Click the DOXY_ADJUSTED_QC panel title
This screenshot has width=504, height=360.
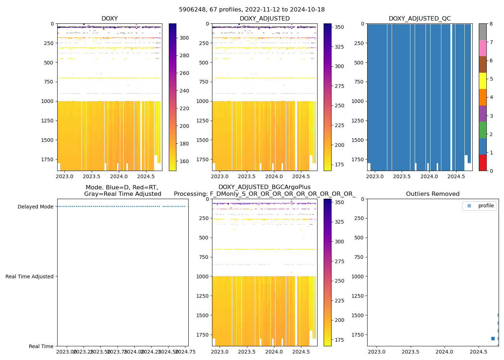pos(419,19)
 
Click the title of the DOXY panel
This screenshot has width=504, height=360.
pos(109,19)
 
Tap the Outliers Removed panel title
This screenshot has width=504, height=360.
pos(433,194)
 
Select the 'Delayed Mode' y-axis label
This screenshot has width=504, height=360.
pos(35,207)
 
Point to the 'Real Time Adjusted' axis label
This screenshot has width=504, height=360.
pos(30,276)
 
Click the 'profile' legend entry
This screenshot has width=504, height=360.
pos(486,206)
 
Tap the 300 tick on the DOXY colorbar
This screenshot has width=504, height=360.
pos(184,38)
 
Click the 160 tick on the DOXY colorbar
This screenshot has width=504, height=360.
pos(184,161)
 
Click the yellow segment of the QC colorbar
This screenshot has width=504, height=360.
pos(483,81)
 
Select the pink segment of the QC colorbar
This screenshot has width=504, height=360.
pos(483,48)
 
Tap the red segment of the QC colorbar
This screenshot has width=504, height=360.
pos(483,162)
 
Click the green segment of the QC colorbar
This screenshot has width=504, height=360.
pos(483,130)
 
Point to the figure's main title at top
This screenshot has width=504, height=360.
pos(252,10)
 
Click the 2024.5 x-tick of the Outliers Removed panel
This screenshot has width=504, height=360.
pos(478,352)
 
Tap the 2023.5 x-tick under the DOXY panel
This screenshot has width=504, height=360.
pos(92,176)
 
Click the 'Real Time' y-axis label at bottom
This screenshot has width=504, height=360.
pos(41,346)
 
